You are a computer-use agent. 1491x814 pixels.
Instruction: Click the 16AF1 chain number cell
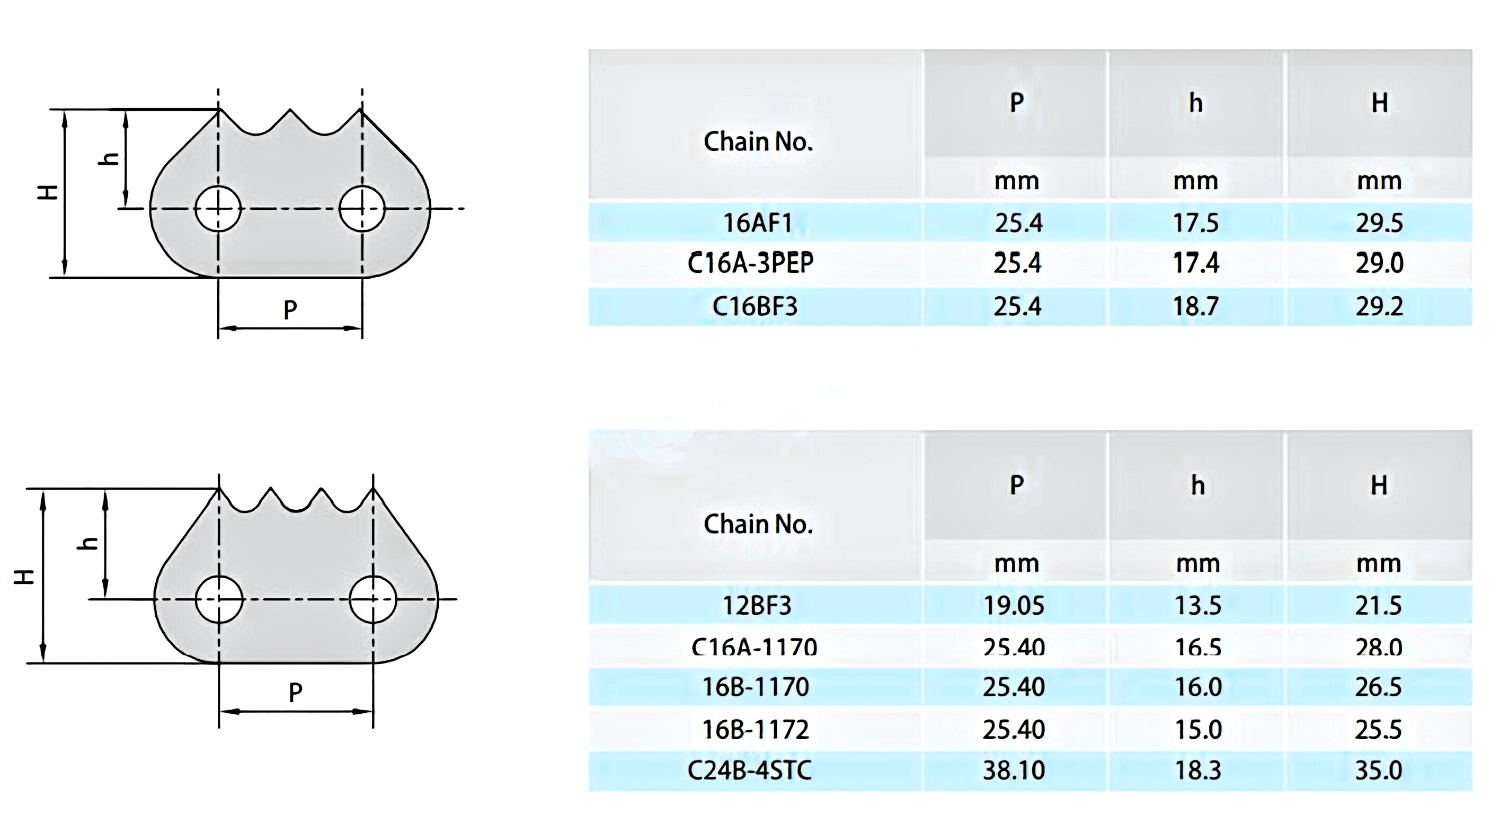point(757,223)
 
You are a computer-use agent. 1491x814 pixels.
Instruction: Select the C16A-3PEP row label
point(750,263)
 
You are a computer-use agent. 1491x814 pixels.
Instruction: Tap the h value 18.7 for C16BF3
point(1196,306)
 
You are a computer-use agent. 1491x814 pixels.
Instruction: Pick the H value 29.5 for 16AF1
point(1379,223)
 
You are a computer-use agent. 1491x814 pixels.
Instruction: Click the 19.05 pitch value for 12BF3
point(1014,606)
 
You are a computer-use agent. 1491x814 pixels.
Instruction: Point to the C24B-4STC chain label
point(750,770)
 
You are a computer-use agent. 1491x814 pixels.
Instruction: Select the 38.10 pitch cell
point(1014,770)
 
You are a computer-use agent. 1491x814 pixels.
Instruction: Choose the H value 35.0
point(1378,770)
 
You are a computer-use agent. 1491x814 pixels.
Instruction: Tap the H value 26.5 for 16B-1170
point(1378,687)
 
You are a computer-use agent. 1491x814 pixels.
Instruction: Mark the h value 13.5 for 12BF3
point(1197,606)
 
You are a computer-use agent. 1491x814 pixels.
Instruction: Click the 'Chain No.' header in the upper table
point(758,141)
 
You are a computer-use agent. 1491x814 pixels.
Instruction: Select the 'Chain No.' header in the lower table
point(758,524)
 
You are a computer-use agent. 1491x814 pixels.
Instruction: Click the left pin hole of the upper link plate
point(218,208)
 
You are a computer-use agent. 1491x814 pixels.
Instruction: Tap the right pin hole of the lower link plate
point(373,599)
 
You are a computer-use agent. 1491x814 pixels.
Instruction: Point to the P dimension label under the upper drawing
point(290,309)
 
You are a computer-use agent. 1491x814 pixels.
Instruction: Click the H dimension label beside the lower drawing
point(24,576)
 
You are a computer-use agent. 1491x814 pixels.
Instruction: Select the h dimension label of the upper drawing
point(109,158)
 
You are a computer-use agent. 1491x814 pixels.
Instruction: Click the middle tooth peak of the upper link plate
point(290,111)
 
